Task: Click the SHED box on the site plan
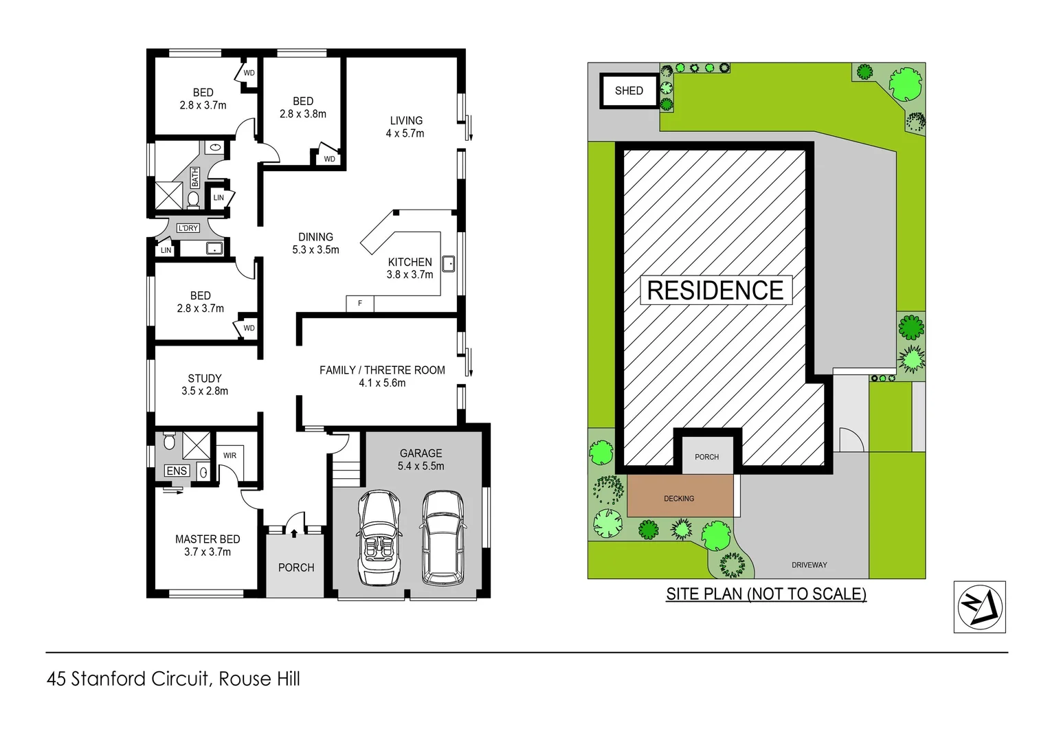pos(629,91)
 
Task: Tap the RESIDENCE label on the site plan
pos(715,290)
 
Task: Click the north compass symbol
pos(979,607)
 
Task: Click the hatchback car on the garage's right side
pos(443,538)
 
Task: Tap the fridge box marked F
pos(359,303)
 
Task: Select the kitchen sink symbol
pos(448,263)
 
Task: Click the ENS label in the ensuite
pos(177,471)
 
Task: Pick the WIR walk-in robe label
pos(230,456)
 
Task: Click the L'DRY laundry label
pos(188,228)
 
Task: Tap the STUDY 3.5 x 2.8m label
pos(205,385)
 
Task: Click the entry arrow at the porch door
pos(294,532)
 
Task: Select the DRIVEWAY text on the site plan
pos(809,565)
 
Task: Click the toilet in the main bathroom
pos(193,199)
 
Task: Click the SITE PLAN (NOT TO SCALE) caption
pos(766,594)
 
